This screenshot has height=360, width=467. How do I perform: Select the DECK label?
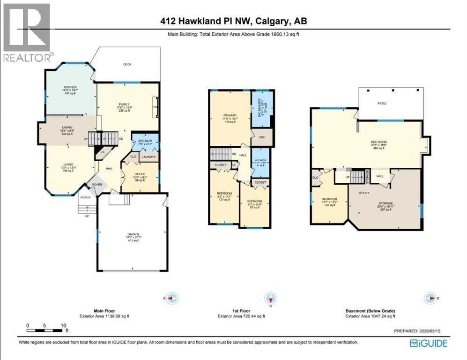pos(127,64)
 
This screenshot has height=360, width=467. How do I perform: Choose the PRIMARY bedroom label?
pos(230,115)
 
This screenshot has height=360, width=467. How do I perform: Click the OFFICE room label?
pos(140,174)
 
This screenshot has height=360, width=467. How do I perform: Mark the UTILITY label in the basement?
pos(364,192)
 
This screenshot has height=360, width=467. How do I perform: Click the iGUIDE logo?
pos(428,344)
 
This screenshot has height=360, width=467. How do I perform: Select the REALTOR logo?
pos(27,32)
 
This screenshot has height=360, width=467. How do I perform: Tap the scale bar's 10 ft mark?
pos(62,325)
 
